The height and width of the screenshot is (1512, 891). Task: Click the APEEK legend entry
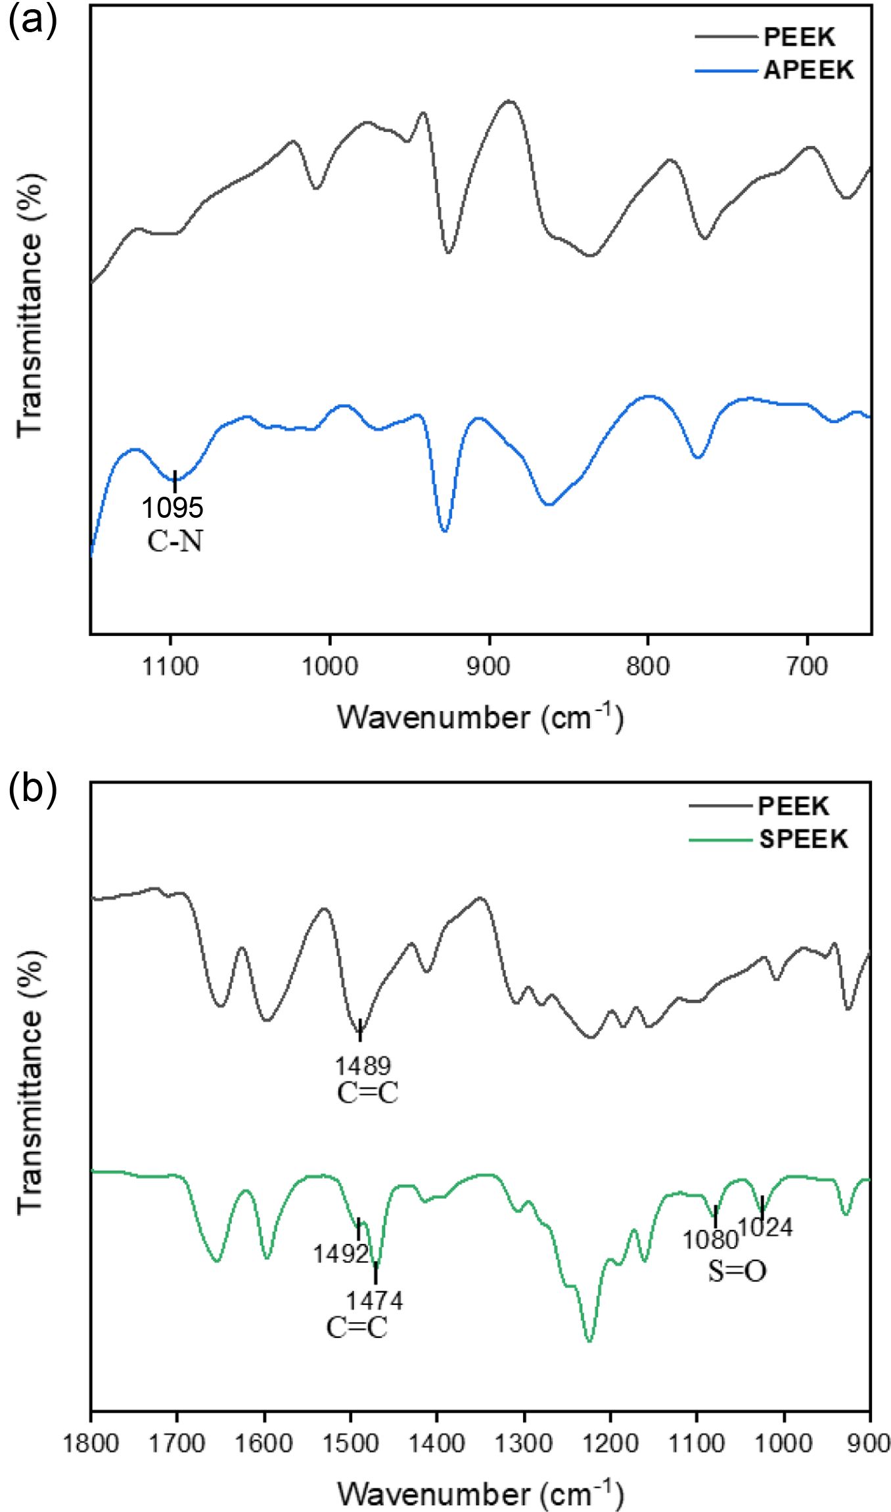(x=808, y=70)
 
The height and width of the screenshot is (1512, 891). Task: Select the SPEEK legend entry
(x=803, y=839)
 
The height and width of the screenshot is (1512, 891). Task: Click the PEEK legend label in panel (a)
(x=799, y=37)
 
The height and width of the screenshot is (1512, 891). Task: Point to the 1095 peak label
(x=173, y=507)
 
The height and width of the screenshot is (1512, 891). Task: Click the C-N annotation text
(x=174, y=541)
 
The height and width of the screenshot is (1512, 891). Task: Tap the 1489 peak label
(x=363, y=1065)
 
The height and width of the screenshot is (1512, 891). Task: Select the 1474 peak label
(x=375, y=1300)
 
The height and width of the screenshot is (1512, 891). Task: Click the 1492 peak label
(x=340, y=1254)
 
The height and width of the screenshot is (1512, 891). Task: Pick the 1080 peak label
(x=710, y=1240)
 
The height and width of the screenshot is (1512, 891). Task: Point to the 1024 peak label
(x=765, y=1227)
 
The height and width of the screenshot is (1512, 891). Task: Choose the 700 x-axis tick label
(x=807, y=667)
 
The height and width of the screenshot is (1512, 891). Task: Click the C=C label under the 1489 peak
(x=367, y=1093)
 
